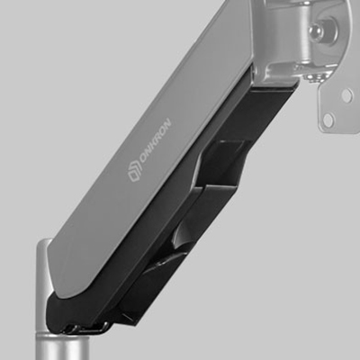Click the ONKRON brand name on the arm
click(x=156, y=141)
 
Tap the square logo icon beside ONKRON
click(x=135, y=173)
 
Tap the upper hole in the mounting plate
click(x=346, y=95)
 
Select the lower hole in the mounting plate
click(x=328, y=120)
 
